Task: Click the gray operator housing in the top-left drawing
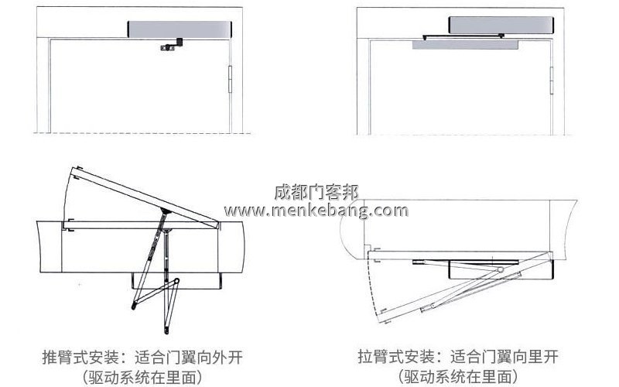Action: [179, 29]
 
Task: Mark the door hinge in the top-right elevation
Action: [551, 78]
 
